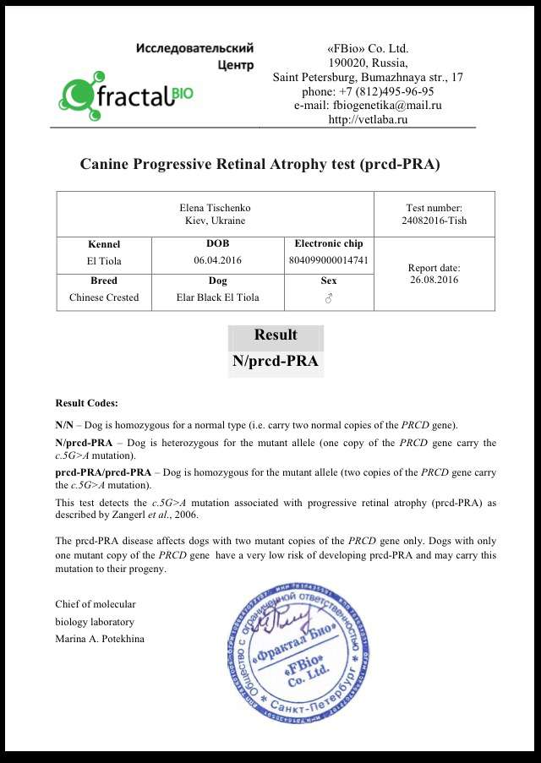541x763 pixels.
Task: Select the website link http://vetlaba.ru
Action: point(368,120)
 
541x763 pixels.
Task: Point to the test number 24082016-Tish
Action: point(434,221)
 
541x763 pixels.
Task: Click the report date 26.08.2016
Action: point(434,280)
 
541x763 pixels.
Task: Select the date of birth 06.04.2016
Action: point(217,260)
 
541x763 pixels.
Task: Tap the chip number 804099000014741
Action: point(328,260)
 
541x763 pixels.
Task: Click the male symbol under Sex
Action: point(329,298)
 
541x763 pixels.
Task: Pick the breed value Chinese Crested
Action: point(104,297)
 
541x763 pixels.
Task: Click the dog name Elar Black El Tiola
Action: point(217,297)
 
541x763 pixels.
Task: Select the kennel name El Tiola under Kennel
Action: point(104,261)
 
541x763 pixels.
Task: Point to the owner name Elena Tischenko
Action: point(215,208)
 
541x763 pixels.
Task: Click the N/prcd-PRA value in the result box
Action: point(276,362)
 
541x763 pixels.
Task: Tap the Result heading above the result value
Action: point(276,335)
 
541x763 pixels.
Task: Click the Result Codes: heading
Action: point(86,403)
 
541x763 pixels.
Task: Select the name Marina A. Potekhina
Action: point(100,638)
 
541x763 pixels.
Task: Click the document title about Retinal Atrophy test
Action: point(260,164)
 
